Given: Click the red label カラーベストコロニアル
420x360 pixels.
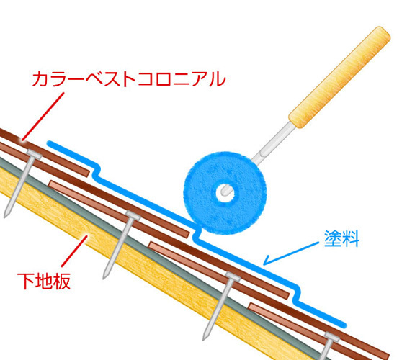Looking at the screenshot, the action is pyautogui.click(x=129, y=78).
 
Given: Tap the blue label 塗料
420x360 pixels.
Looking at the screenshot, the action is pyautogui.click(x=341, y=238).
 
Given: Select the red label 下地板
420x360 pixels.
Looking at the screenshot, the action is pyautogui.click(x=44, y=281).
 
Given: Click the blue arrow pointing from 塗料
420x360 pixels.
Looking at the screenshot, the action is pyautogui.click(x=291, y=253).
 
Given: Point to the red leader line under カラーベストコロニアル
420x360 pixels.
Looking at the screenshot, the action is pyautogui.click(x=43, y=117).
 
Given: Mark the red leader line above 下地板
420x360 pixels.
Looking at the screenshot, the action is pyautogui.click(x=74, y=251).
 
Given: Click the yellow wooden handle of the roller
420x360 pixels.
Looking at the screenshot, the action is pyautogui.click(x=339, y=77).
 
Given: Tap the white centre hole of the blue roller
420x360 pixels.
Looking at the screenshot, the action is pyautogui.click(x=225, y=192).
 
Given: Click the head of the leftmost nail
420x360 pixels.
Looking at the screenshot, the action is pyautogui.click(x=34, y=153).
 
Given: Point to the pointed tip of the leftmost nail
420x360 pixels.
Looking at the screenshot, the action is pyautogui.click(x=5, y=216).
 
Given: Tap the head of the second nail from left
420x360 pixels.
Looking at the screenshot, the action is pyautogui.click(x=133, y=215).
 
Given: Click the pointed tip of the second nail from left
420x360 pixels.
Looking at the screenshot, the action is pyautogui.click(x=104, y=277).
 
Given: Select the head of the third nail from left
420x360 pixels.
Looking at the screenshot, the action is pyautogui.click(x=233, y=276).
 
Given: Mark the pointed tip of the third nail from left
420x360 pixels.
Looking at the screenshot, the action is pyautogui.click(x=204, y=338).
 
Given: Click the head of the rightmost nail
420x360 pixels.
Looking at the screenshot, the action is pyautogui.click(x=331, y=337).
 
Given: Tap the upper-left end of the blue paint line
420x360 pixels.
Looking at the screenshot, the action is pyautogui.click(x=49, y=143).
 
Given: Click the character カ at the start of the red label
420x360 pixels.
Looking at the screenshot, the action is pyautogui.click(x=40, y=78).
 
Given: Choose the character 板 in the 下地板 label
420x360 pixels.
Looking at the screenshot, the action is pyautogui.click(x=62, y=281).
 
